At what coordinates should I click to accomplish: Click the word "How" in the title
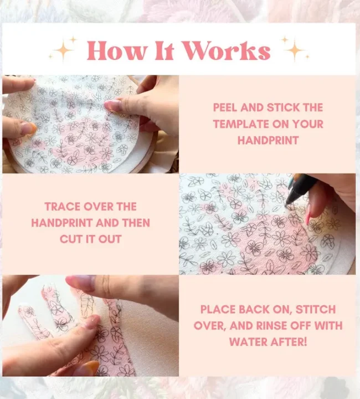[117, 51]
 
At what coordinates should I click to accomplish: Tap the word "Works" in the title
[227, 51]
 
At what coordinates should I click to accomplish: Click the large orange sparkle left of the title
[64, 50]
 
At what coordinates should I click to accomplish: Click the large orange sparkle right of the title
[295, 50]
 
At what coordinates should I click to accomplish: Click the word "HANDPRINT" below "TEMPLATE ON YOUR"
[268, 140]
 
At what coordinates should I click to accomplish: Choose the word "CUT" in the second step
[68, 239]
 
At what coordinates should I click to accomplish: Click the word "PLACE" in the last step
[217, 309]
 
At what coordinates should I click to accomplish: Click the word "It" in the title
[164, 51]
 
